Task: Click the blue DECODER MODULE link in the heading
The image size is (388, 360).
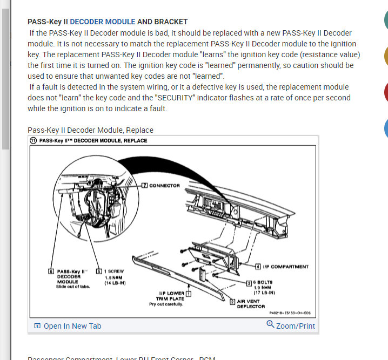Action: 103,22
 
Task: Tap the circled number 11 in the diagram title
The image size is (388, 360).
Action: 34,140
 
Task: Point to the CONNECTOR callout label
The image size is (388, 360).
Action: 164,185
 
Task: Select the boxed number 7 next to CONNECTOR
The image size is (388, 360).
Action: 144,185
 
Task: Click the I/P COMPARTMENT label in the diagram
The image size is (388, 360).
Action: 286,267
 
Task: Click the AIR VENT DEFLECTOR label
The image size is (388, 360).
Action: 251,304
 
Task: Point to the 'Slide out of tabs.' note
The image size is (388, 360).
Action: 73,286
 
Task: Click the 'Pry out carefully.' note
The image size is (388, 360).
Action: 166,304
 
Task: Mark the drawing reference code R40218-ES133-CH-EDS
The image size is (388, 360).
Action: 290,313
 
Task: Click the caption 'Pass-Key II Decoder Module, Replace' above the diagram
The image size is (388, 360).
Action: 90,130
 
